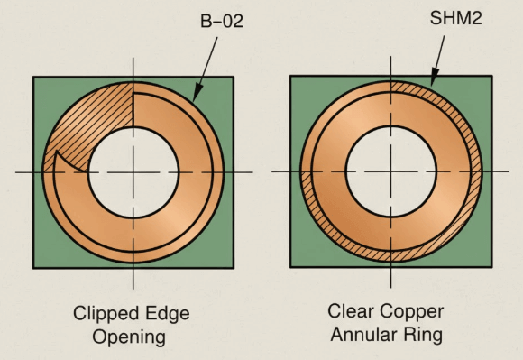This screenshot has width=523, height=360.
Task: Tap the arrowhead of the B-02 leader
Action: (x=195, y=96)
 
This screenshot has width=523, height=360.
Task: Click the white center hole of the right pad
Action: (x=390, y=170)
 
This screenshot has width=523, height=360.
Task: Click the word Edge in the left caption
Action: (x=166, y=315)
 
